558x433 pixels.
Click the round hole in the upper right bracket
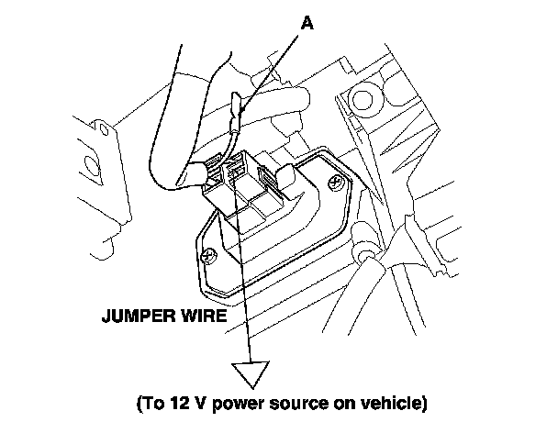coord(360,95)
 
